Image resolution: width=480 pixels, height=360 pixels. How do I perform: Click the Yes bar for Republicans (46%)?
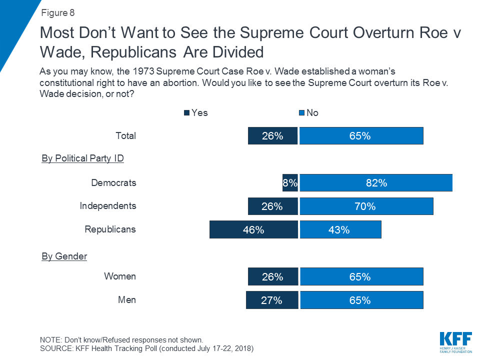253,230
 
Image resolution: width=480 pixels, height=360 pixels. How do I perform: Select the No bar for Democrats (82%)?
376,183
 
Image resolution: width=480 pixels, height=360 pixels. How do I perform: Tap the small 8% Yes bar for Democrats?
290,183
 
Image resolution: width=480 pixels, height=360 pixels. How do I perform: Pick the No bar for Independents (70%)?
366,206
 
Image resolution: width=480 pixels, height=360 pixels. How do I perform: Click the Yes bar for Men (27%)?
271,300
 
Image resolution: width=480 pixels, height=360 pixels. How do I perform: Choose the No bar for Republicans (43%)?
340,230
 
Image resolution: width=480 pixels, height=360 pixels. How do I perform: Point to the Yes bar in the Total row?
272,136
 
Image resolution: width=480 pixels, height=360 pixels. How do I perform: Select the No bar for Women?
361,276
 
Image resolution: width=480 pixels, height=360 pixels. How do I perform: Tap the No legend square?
301,113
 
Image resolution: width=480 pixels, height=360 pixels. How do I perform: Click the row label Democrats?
113,182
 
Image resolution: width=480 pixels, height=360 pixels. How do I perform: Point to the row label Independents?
108,206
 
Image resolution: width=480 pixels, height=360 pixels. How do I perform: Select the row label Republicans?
110,229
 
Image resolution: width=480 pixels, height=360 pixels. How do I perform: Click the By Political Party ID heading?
82,158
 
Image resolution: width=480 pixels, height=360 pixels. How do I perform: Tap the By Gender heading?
64,256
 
